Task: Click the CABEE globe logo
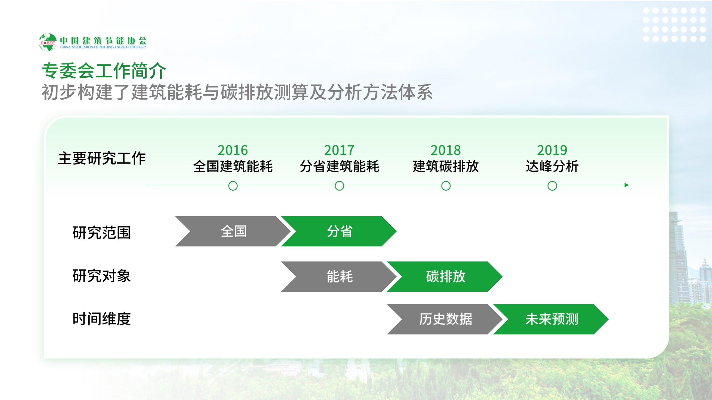48,42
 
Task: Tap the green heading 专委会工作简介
104,71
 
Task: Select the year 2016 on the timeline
233,150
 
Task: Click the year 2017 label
339,150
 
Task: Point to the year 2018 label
446,150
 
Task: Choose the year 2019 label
552,150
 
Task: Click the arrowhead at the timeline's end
627,185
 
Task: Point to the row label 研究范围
102,233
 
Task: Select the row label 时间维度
102,319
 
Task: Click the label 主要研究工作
102,158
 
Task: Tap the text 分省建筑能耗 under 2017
339,166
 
